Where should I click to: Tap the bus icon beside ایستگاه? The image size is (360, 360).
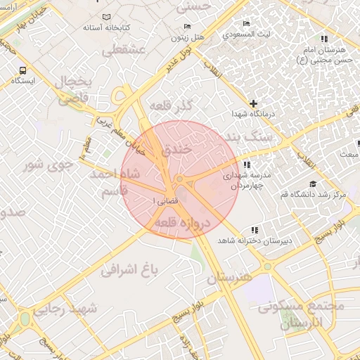click(24, 70)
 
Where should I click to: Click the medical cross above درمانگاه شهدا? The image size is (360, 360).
click(254, 103)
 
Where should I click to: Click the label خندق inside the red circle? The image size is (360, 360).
click(176, 150)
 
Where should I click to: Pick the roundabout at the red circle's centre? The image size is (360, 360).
click(180, 180)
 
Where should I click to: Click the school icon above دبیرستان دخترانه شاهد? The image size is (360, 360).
click(254, 230)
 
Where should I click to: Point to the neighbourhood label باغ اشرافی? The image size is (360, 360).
click(131, 269)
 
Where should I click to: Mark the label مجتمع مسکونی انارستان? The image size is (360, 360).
click(302, 315)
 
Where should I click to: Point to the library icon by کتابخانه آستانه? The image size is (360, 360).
click(105, 16)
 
